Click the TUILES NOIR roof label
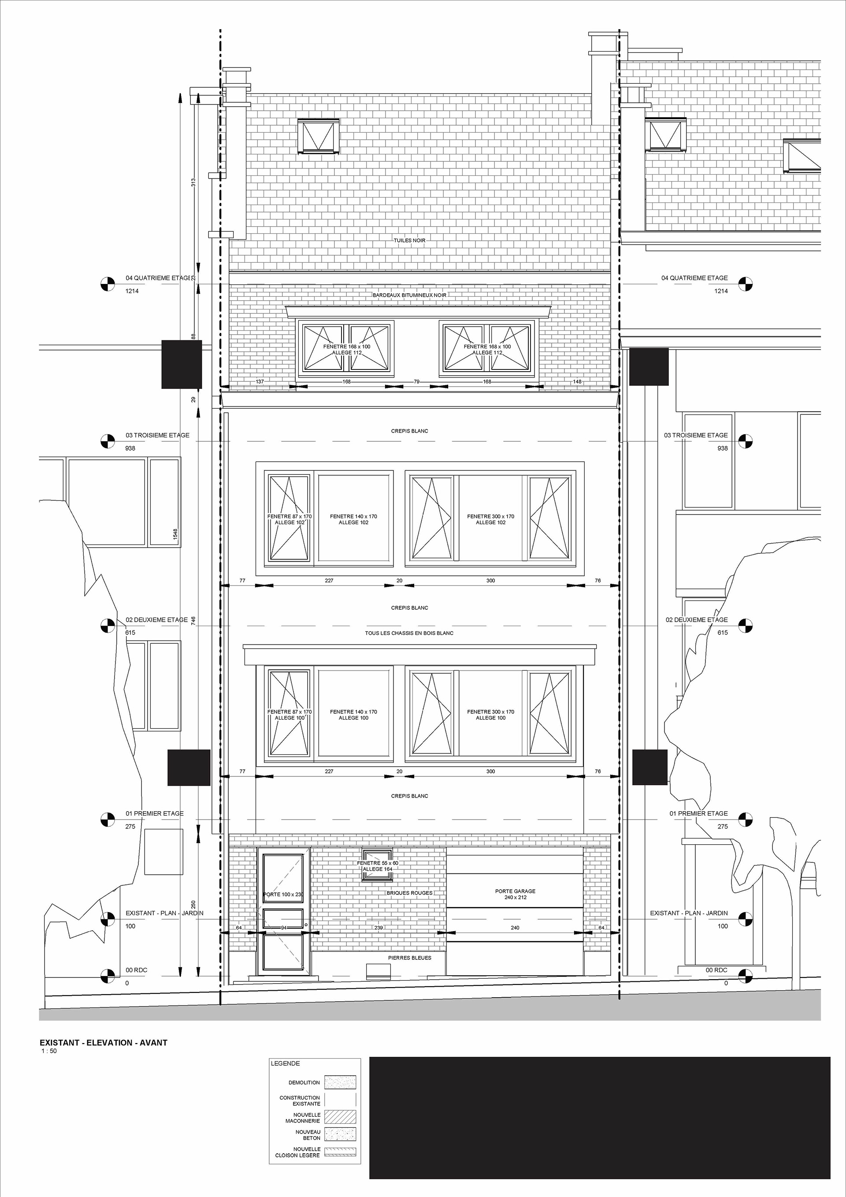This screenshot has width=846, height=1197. coord(409,240)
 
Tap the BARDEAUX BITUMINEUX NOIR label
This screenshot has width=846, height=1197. coord(409,295)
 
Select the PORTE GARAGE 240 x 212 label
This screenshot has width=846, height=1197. coord(515,894)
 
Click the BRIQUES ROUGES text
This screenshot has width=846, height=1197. coord(409,893)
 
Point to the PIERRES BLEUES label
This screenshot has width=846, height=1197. coord(409,958)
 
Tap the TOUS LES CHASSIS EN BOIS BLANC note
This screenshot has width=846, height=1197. coord(409,633)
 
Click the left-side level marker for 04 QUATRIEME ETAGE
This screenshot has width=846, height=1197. coord(108,284)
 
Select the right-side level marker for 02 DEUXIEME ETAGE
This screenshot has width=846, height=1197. coord(746,626)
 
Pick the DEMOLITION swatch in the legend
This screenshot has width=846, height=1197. coord(340,1082)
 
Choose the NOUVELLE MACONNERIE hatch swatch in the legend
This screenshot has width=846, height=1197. coord(340,1117)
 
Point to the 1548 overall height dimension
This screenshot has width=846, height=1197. coord(175,534)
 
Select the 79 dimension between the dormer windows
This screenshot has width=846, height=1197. coord(416,382)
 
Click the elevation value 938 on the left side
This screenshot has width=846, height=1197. coord(130,448)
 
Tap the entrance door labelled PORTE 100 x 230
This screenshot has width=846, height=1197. coord(283,911)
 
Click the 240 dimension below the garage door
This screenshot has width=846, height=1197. coord(515,928)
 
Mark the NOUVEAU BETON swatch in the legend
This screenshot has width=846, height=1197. coord(340,1134)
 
